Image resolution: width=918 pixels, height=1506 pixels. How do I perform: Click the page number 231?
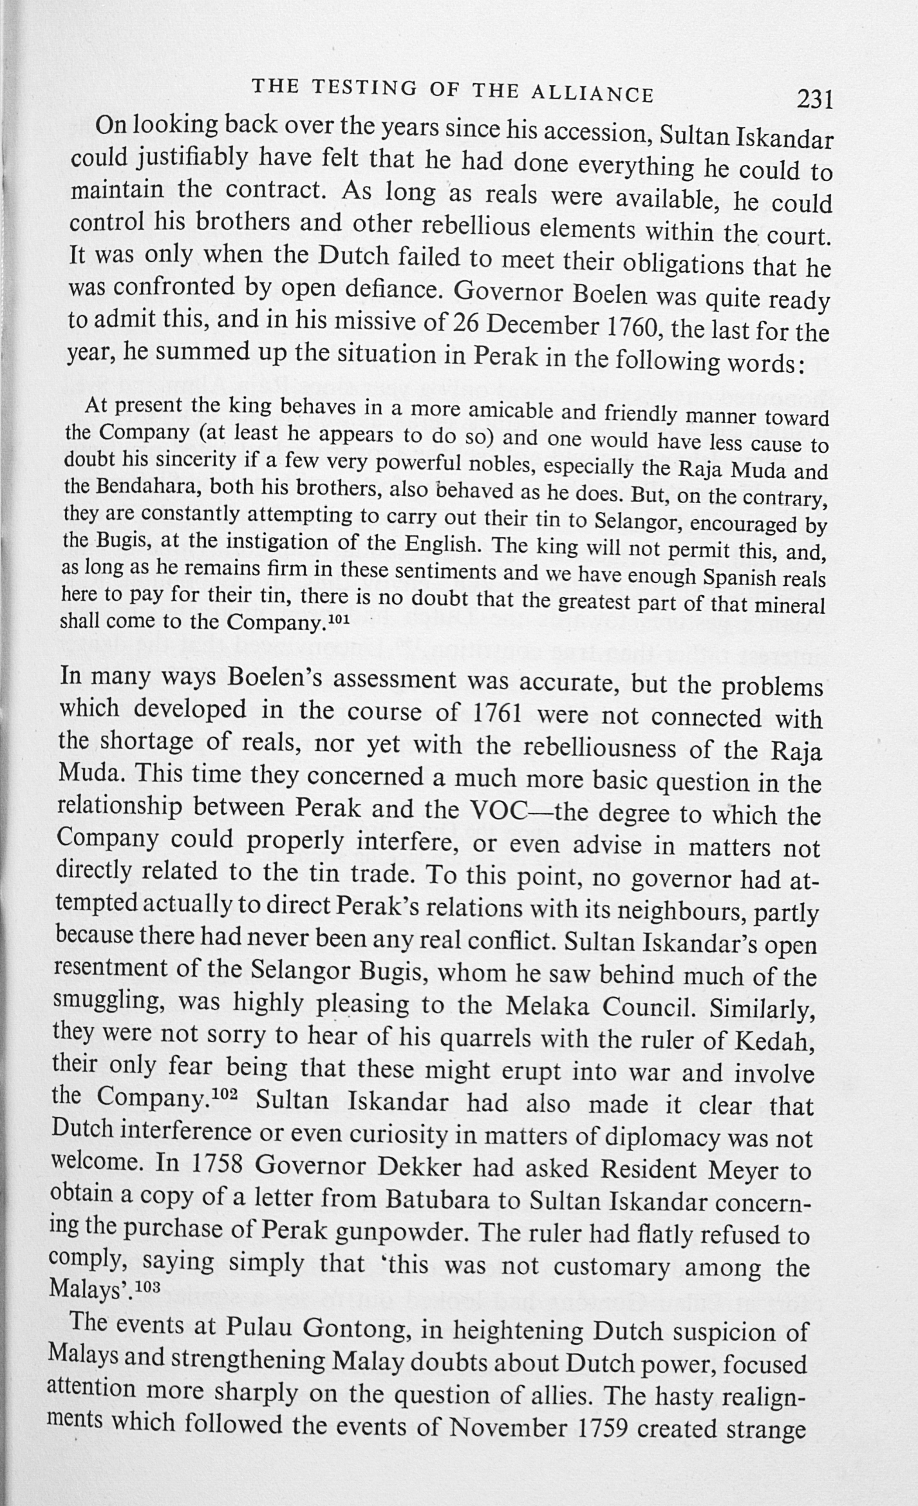[815, 100]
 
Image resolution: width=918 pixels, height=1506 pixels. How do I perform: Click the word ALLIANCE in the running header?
[592, 93]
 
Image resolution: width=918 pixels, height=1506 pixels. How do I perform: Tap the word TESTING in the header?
[364, 88]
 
